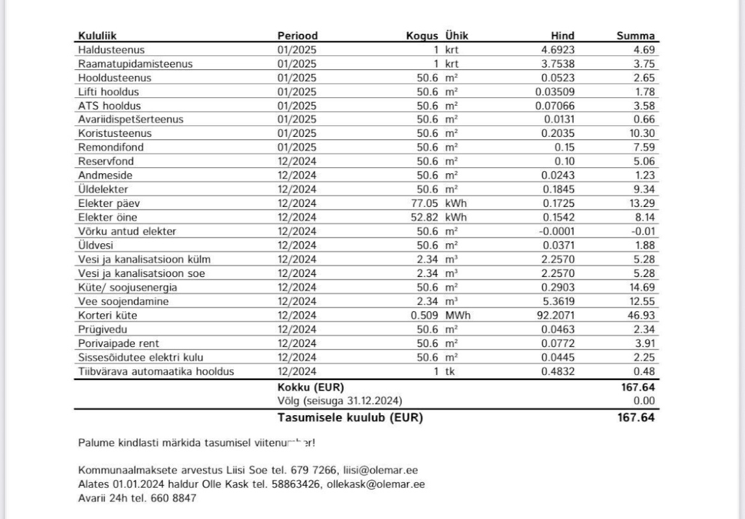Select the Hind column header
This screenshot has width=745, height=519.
[x=562, y=36]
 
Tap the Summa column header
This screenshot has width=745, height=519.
[x=635, y=36]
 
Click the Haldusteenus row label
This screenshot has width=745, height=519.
[x=111, y=49]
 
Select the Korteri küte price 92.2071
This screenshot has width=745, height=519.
[x=555, y=316]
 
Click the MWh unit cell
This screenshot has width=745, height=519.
[x=457, y=316]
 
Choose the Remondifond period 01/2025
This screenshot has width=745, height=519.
[x=297, y=147]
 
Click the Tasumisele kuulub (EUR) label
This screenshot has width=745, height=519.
[x=350, y=418]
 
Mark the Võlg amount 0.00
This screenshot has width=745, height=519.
[x=644, y=401]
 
